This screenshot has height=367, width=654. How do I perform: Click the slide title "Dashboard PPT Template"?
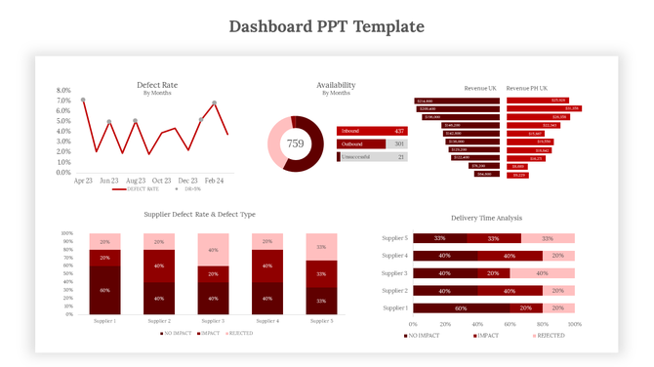tap(326, 25)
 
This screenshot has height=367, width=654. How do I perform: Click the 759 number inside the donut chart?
tap(295, 143)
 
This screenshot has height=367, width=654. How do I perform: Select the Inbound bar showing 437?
tap(372, 131)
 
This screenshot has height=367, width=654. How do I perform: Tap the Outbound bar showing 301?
tap(372, 143)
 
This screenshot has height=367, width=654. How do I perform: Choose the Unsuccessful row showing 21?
tap(372, 156)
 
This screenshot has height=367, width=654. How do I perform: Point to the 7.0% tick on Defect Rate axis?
tap(64, 101)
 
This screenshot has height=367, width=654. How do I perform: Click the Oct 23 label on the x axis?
tap(162, 181)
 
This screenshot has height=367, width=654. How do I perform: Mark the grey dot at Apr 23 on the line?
tap(83, 100)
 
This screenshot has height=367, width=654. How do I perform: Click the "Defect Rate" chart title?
tap(157, 85)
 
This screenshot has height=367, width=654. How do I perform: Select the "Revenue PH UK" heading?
tap(526, 88)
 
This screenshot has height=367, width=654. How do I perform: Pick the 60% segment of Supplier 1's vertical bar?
tap(104, 290)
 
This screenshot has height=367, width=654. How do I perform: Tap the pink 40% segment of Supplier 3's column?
tap(214, 250)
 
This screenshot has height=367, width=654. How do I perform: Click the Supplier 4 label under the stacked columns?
tap(267, 321)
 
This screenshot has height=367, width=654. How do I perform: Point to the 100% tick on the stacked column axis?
tap(67, 234)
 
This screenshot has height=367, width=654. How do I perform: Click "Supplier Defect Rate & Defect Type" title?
tap(199, 214)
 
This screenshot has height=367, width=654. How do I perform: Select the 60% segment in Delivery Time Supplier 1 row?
tap(460, 307)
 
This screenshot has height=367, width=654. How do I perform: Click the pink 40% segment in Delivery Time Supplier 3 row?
tap(542, 273)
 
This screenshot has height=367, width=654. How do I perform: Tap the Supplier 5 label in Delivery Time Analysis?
tap(394, 238)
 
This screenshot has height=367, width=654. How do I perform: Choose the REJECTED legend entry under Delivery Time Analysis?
tap(549, 336)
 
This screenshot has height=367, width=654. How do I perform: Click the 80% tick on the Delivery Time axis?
tap(542, 323)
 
